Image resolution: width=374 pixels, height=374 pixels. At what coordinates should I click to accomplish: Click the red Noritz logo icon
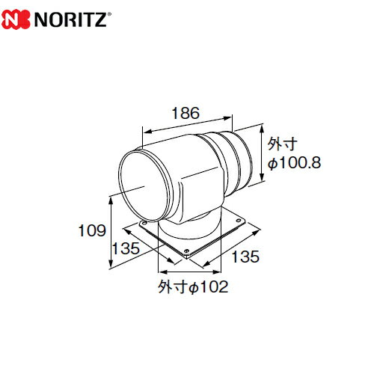[x=16, y=19]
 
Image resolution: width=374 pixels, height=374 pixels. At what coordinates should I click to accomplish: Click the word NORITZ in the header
[x=70, y=19]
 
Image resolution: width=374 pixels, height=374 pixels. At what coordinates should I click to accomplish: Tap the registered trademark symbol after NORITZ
[x=109, y=14]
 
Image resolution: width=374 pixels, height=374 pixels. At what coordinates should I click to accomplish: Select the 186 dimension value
[x=186, y=113]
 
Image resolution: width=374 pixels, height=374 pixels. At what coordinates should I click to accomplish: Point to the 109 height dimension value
[x=92, y=230]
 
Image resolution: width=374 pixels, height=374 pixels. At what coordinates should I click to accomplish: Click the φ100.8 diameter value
[x=294, y=163]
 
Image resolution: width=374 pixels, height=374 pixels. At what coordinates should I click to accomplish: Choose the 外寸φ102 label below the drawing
[x=193, y=286]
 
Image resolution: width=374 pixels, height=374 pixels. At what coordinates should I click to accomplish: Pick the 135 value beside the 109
[x=126, y=248]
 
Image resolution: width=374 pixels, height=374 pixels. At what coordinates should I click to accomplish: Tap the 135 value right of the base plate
[x=245, y=257]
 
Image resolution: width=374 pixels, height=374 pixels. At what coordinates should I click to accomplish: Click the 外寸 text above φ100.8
[x=283, y=144]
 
